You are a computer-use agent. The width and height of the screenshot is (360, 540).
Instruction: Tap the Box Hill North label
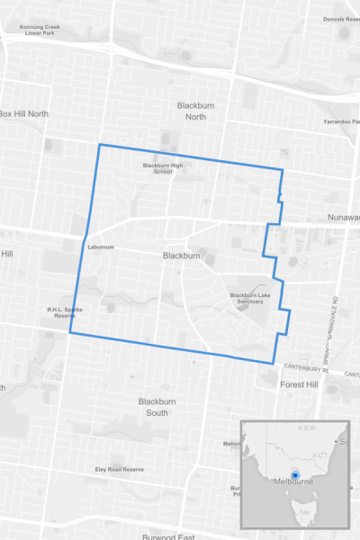pos(23,114)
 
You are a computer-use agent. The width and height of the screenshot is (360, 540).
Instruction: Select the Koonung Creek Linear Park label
pos(32,29)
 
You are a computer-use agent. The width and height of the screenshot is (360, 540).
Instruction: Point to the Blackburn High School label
pos(163,168)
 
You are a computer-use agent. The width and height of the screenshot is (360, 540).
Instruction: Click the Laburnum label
pos(99,247)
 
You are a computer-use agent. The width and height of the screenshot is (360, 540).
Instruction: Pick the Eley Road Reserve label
pos(120,470)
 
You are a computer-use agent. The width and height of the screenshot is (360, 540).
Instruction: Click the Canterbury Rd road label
pos(309,367)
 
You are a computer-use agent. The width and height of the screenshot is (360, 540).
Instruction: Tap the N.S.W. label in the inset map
pos(305,429)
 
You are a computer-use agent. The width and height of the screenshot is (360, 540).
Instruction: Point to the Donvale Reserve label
pos(339,18)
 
